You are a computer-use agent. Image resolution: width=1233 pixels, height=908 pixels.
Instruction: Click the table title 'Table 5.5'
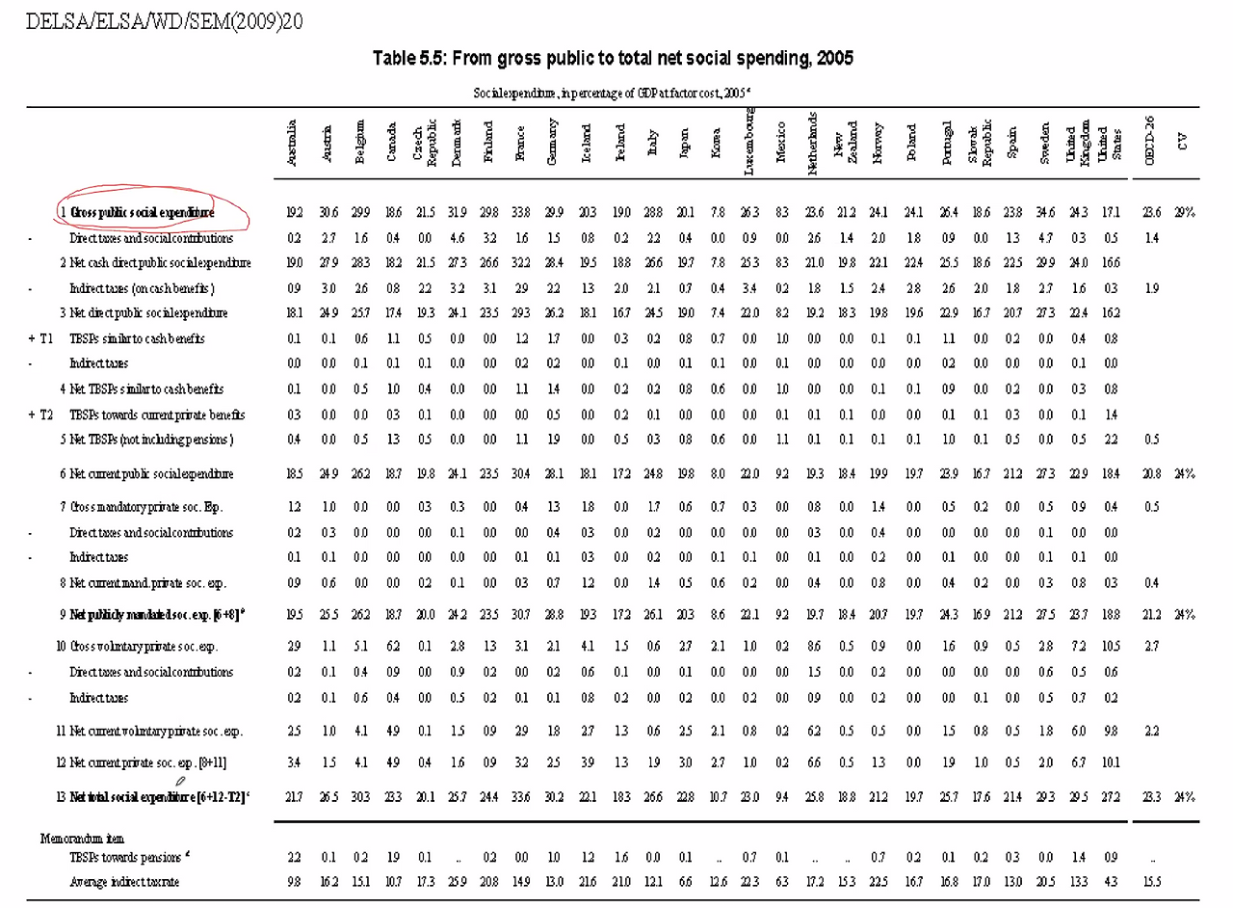pos(613,59)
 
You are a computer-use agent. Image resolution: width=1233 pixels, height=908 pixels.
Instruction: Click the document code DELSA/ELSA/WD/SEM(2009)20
pos(165,21)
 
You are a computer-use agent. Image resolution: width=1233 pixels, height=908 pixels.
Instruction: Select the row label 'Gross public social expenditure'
pos(142,212)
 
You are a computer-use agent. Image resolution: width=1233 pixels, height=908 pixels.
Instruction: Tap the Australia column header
pos(293,143)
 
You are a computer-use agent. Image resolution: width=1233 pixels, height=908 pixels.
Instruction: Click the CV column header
pos(1183,143)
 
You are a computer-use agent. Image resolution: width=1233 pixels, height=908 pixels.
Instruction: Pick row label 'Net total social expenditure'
pos(158,797)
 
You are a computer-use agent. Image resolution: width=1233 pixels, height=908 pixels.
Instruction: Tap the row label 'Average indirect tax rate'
pos(124,882)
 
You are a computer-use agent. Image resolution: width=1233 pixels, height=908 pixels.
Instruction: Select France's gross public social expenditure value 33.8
pos(521,213)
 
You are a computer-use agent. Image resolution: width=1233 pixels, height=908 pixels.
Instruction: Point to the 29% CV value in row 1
pos(1183,213)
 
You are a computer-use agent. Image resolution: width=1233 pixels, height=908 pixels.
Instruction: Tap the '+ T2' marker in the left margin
pos(41,415)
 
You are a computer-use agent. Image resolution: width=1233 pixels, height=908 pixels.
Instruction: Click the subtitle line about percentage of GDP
pos(613,93)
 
